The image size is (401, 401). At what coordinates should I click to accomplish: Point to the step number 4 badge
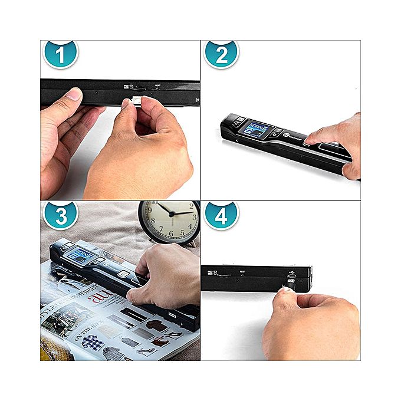click(221, 216)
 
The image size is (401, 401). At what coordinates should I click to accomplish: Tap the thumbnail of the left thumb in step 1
click(74, 94)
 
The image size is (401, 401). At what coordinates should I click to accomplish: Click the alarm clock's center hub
click(170, 213)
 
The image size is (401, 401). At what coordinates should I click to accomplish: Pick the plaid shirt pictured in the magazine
click(93, 342)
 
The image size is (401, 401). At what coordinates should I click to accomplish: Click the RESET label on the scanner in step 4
click(242, 272)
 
